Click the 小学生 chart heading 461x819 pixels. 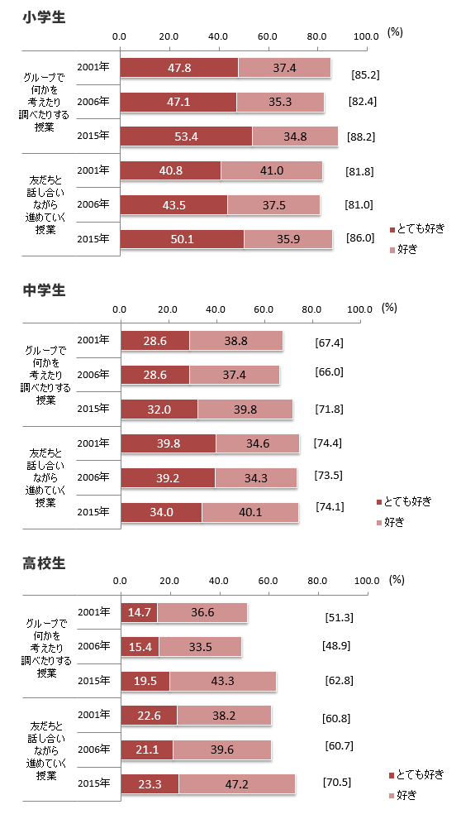pos(45,17)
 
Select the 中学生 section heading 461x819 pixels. pos(45,290)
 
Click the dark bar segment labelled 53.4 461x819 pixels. pos(186,136)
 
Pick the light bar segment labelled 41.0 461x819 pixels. pos(271,170)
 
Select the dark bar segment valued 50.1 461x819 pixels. pos(182,239)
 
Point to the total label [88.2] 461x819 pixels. pos(364,137)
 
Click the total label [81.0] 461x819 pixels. pos(359,205)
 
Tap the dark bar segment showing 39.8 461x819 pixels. pos(169,443)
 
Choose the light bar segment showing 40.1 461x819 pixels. pos(250,512)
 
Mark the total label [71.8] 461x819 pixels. pos(329,409)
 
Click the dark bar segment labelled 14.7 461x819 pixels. pos(139,612)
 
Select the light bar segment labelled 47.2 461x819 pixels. pos(236,783)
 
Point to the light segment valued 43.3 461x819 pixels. pos(222,681)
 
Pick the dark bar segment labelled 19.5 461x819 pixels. pos(145,681)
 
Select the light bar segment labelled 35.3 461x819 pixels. pos(280,103)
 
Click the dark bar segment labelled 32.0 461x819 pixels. pos(159,409)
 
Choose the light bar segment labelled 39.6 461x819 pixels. pos(221,750)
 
